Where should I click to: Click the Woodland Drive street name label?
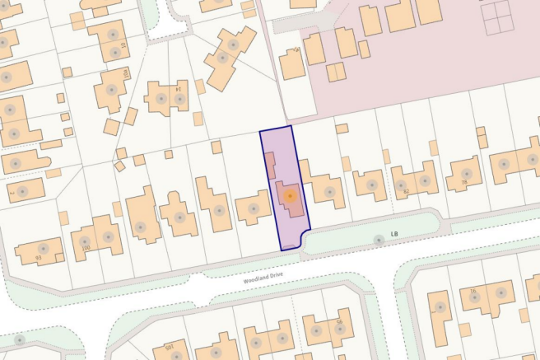[x=267, y=279]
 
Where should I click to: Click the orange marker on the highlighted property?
[x=290, y=196]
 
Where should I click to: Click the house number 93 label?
[x=39, y=258]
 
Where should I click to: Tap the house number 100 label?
[x=86, y=246]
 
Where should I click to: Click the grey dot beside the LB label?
[x=379, y=240]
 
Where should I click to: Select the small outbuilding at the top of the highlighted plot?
[x=269, y=161]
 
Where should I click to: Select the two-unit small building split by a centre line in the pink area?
[x=337, y=72]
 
